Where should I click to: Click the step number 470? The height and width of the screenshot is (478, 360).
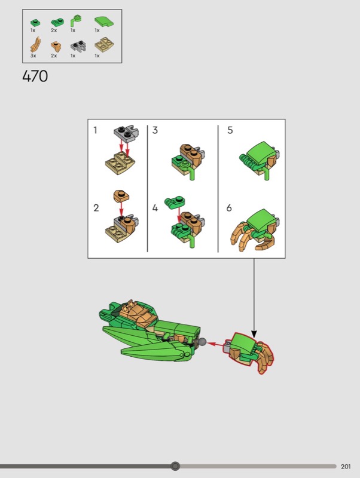point(35,76)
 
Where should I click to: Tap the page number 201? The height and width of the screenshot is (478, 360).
point(346,467)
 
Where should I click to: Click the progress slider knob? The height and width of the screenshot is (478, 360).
point(175,466)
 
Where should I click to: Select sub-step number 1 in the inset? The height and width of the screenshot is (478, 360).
point(96,130)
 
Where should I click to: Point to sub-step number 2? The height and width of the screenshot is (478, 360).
point(96,208)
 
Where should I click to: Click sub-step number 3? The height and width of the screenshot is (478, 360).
point(155,130)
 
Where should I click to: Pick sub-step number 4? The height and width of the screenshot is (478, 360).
point(155,208)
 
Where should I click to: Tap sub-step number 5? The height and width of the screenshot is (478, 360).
point(230,130)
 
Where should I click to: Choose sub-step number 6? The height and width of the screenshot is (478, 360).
point(229,208)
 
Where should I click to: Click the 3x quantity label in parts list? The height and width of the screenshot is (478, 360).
point(33,56)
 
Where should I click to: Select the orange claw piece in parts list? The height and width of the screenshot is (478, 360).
point(36,45)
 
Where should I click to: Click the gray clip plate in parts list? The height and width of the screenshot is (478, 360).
point(78,46)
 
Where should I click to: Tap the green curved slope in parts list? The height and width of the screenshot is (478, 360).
point(104,22)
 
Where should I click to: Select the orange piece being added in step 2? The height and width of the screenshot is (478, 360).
point(121,196)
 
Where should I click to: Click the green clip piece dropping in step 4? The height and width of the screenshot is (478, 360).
point(175,203)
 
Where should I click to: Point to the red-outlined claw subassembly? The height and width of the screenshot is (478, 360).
point(249,353)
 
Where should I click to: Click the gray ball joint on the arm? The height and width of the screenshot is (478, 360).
point(202,342)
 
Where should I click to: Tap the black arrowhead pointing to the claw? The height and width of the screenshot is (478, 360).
point(254,334)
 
